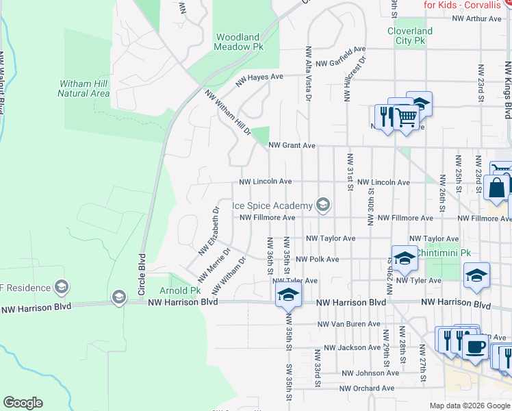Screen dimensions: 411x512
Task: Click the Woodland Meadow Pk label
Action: [x=238, y=42]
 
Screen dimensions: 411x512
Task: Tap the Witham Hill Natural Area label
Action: [x=85, y=88]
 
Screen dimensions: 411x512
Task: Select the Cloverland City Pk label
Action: [x=410, y=36]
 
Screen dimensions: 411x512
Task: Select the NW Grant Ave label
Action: [x=292, y=145]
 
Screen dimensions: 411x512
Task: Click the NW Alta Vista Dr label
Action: [x=309, y=74]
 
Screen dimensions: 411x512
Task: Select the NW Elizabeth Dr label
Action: [x=208, y=230]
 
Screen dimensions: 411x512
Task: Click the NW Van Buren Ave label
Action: [x=349, y=324]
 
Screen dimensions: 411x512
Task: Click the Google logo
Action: [x=23, y=403]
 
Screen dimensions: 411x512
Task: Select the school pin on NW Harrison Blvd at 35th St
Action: [x=288, y=296]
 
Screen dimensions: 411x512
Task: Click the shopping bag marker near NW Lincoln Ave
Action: [x=496, y=186]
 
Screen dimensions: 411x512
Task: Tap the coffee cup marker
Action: [x=474, y=345]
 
